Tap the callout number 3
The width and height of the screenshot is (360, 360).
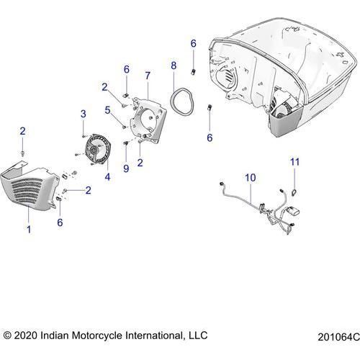pos(83,114)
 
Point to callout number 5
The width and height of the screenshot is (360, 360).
pos(108,111)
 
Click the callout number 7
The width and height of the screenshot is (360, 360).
pos(147,75)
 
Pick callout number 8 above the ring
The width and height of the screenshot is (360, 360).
pos(173,66)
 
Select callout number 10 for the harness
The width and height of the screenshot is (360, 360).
pos(249,176)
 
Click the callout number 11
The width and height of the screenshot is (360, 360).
pos(293,162)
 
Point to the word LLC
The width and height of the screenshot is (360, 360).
pos(196,335)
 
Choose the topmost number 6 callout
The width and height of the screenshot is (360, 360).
pos(193,44)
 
